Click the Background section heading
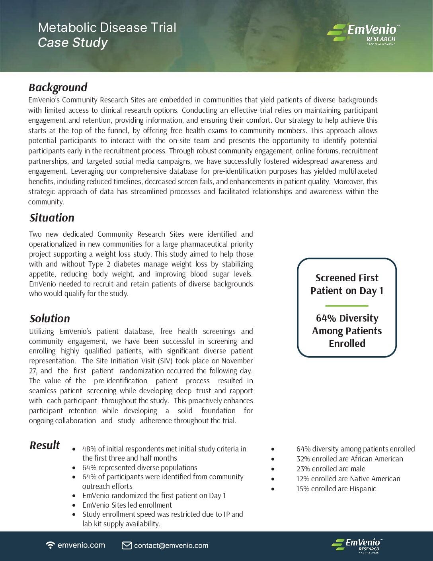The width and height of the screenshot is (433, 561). coord(58,87)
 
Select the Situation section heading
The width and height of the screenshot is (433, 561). coord(52,218)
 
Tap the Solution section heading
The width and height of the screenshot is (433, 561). coord(50,318)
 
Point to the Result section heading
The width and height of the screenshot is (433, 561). coord(45,445)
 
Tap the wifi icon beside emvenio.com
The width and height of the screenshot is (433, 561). coord(51,545)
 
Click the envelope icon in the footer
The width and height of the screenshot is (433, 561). coord(127,545)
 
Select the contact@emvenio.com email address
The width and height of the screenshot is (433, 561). coord(171,545)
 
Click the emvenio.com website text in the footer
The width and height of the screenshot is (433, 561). coord(81,545)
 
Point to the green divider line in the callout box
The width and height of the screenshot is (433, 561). coord(347,306)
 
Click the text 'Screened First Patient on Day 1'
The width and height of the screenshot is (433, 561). coord(347,284)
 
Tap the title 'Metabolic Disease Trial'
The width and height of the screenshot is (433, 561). coord(107,27)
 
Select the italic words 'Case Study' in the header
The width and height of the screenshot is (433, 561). coord(73,43)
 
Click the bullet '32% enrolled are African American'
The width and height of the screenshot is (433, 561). coord(349,459)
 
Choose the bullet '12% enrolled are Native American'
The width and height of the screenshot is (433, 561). coord(348,479)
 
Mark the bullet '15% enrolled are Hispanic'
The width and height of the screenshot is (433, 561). coord(336,489)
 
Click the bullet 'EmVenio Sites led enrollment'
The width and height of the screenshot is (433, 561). coord(127,505)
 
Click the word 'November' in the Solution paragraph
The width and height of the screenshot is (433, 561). coord(237,361)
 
